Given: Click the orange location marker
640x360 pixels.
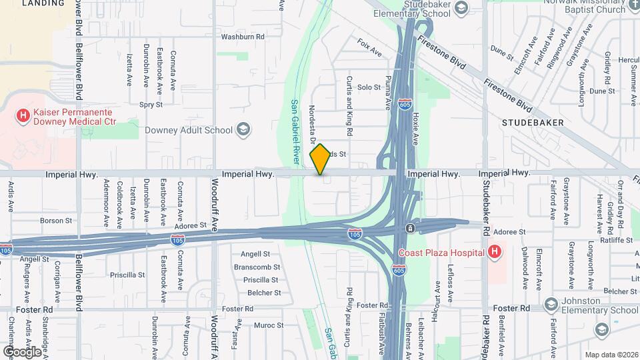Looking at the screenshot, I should (x=321, y=159).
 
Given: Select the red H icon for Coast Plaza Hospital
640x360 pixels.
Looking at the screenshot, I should (x=494, y=253).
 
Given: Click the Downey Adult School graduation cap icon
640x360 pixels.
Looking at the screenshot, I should (x=243, y=130).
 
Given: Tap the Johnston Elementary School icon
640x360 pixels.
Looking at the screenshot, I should (x=551, y=304).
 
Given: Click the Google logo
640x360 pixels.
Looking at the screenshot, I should (x=22, y=351).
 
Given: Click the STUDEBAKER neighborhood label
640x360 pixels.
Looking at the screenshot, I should (x=533, y=123).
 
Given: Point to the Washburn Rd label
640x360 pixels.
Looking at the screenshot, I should (x=243, y=37).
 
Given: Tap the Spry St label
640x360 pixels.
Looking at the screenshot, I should (x=151, y=104).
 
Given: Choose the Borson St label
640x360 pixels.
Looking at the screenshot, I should (x=55, y=220).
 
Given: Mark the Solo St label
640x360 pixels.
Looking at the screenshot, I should (x=369, y=87).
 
